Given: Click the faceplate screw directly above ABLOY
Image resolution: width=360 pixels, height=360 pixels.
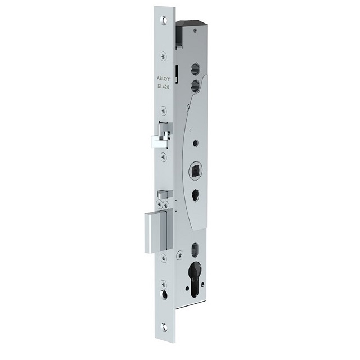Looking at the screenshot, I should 163,55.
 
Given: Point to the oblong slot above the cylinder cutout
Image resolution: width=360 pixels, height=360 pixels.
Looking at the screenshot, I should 195,248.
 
